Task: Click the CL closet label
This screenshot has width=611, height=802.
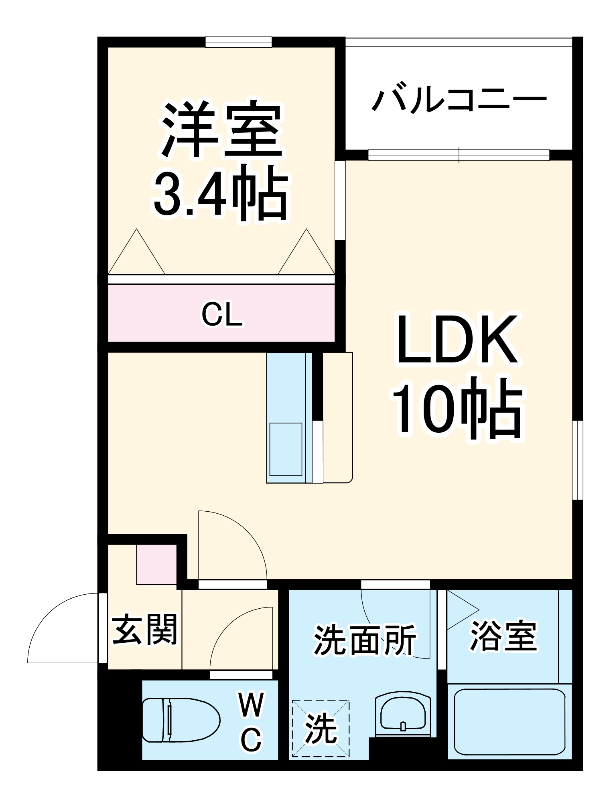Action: tap(222, 314)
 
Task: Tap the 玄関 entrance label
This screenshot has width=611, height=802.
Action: tap(144, 629)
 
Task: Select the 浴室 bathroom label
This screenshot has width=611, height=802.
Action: tap(503, 636)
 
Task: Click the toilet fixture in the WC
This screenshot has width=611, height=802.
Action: tap(181, 720)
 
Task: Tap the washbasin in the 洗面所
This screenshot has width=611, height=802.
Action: tap(403, 714)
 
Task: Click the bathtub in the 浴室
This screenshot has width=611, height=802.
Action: tap(509, 722)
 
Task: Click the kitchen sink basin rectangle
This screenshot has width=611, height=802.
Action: tap(286, 449)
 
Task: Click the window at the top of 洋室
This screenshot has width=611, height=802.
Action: tap(239, 42)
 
